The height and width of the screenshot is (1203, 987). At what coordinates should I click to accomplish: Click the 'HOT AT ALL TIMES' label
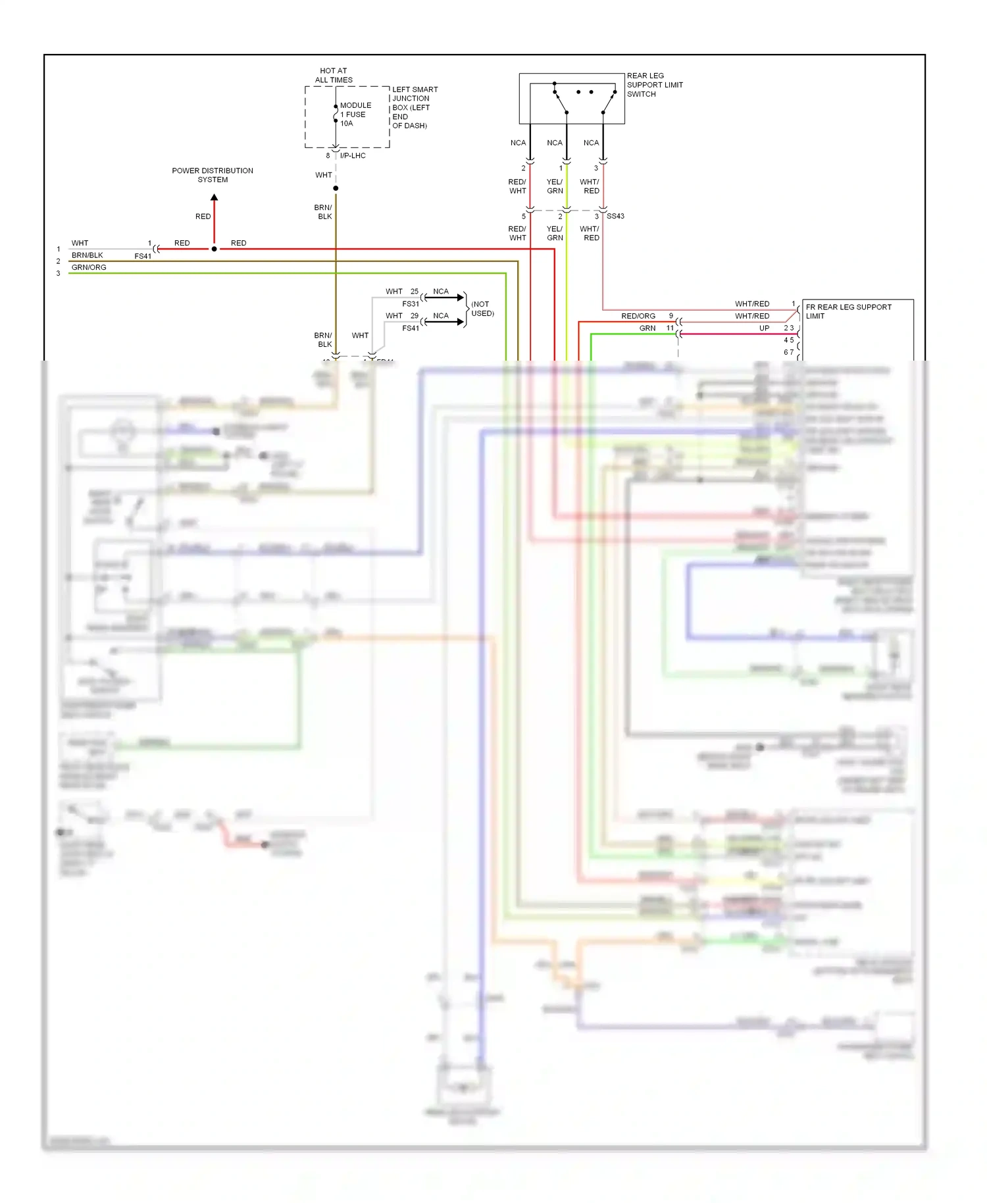pyautogui.click(x=334, y=75)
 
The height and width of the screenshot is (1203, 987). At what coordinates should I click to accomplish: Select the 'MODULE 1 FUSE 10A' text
pyautogui.click(x=355, y=115)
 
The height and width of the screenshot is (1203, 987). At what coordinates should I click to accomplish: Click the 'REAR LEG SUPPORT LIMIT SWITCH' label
pyautogui.click(x=654, y=85)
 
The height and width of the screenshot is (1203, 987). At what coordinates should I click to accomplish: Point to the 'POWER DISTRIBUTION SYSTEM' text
pyautogui.click(x=213, y=175)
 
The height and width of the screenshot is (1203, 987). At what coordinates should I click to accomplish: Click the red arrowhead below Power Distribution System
pyautogui.click(x=214, y=197)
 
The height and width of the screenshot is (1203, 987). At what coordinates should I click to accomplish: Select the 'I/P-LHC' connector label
pyautogui.click(x=353, y=156)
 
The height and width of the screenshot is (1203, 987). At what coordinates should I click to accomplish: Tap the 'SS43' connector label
pyautogui.click(x=615, y=216)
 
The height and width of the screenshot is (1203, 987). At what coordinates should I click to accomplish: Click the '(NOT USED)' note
pyautogui.click(x=482, y=309)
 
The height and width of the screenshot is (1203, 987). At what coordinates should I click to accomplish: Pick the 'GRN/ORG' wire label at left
pyautogui.click(x=89, y=267)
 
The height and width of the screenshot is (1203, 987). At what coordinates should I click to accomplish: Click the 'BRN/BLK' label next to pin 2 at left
pyautogui.click(x=87, y=255)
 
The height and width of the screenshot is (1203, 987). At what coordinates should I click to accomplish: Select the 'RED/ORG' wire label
pyautogui.click(x=638, y=316)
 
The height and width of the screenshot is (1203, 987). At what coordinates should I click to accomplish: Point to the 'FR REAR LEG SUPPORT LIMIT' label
pyautogui.click(x=848, y=311)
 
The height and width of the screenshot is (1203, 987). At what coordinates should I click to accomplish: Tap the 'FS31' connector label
pyautogui.click(x=410, y=304)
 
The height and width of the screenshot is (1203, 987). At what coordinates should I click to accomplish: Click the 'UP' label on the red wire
pyautogui.click(x=764, y=328)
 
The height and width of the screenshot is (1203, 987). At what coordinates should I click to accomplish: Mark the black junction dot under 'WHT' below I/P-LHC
pyautogui.click(x=336, y=188)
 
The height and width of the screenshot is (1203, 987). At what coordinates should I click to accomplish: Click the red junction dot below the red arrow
pyautogui.click(x=214, y=249)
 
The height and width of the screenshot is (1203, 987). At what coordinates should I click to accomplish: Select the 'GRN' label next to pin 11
pyautogui.click(x=647, y=328)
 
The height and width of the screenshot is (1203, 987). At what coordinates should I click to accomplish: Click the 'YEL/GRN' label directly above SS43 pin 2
pyautogui.click(x=555, y=186)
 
